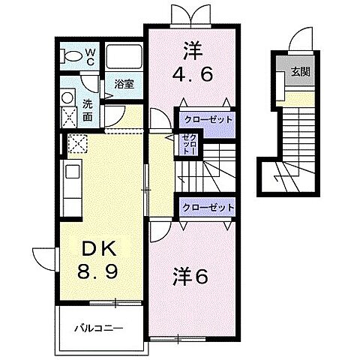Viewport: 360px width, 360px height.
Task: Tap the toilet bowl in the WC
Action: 72,57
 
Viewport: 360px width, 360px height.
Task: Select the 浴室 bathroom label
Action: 124,85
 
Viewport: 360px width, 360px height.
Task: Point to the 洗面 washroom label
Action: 88,110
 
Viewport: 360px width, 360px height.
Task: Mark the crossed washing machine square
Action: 68,116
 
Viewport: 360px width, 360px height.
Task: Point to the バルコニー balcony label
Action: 98,328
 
